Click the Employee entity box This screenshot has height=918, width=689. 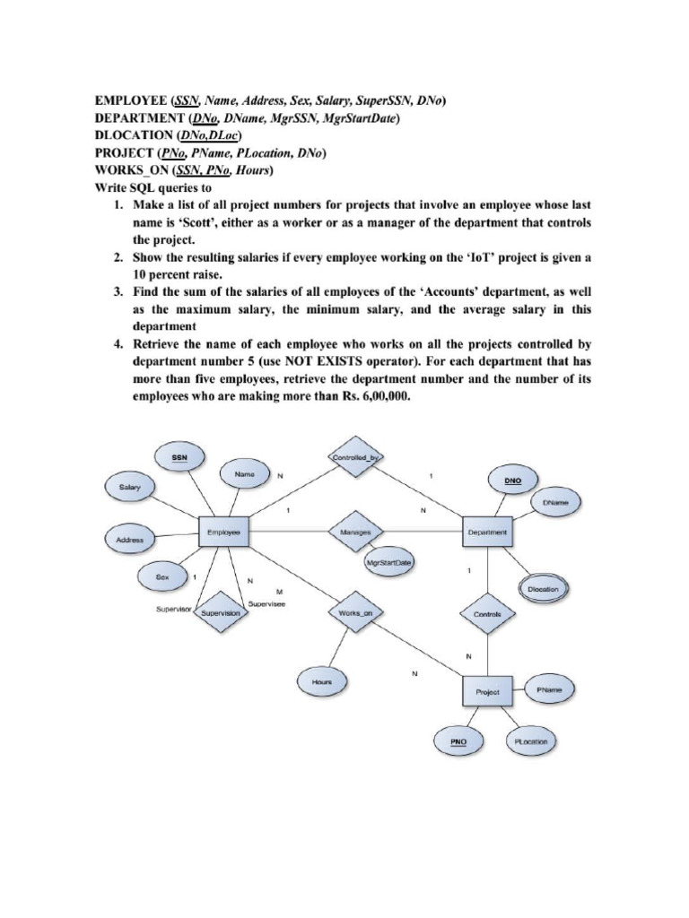tap(222, 533)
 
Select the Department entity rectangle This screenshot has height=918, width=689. tap(487, 533)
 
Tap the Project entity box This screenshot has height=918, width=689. tap(487, 692)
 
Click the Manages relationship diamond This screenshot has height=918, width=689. tap(356, 532)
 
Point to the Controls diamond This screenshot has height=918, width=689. tap(487, 615)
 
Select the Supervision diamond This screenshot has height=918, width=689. tap(220, 613)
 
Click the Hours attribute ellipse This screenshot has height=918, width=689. tap(321, 682)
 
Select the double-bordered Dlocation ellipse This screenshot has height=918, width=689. tap(543, 589)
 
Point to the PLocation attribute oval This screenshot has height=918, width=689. tap(530, 742)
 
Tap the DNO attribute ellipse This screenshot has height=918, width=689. tap(512, 481)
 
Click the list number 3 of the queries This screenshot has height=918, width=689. tap(118, 292)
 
